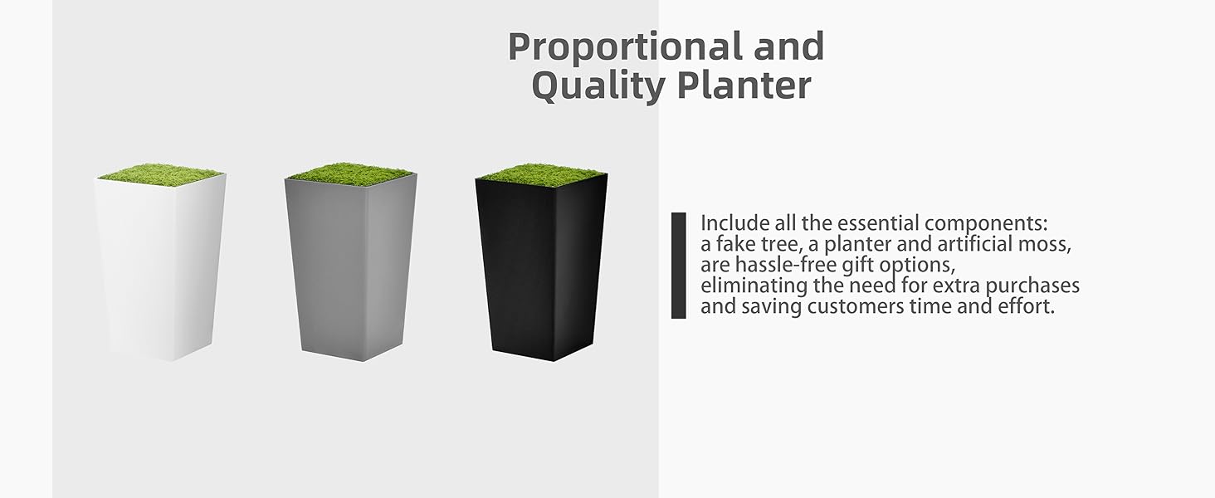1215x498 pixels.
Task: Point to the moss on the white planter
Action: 159,173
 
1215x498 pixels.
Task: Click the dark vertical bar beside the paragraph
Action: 679,266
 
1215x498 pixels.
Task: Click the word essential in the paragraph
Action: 873,224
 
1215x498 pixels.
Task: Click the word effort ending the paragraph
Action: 1029,307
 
